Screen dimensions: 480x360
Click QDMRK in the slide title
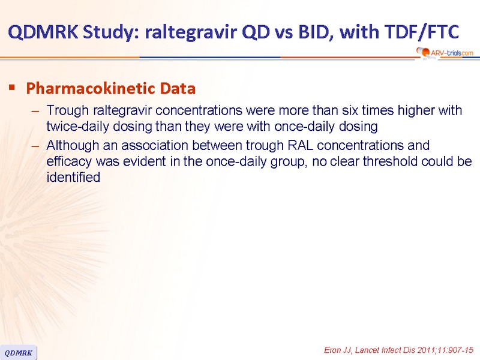(43, 32)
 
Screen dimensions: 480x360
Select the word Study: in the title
(112, 32)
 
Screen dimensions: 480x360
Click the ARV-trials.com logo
(445, 53)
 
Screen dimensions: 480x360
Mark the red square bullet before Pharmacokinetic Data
(12, 88)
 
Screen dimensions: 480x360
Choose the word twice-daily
(77, 127)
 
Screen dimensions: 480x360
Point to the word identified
(73, 177)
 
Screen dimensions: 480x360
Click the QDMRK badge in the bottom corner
(19, 353)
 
